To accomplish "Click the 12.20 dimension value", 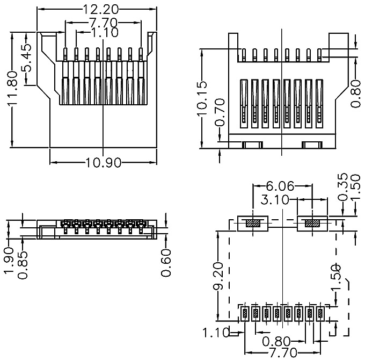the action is click(101, 9).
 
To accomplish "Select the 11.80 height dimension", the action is click(12, 89).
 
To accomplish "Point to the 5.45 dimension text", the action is click(26, 57).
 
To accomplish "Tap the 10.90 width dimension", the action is click(104, 162).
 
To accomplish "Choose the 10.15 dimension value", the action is click(202, 98).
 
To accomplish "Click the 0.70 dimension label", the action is click(220, 112).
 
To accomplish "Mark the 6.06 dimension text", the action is click(280, 186).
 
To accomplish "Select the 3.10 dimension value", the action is click(275, 200).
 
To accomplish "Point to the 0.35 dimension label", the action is click(342, 187).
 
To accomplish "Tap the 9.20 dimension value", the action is click(218, 276).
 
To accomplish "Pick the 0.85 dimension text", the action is click(23, 265).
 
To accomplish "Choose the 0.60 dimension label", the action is click(166, 263).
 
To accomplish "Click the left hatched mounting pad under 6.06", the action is click(253, 224).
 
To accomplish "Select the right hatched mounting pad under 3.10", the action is click(312, 224).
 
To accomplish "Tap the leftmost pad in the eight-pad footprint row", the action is click(245, 314).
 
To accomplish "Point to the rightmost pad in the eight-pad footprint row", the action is click(320, 314).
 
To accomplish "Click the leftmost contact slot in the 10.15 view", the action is click(244, 104).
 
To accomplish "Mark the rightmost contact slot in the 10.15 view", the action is click(319, 104).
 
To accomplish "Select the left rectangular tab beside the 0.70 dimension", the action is click(253, 145).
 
